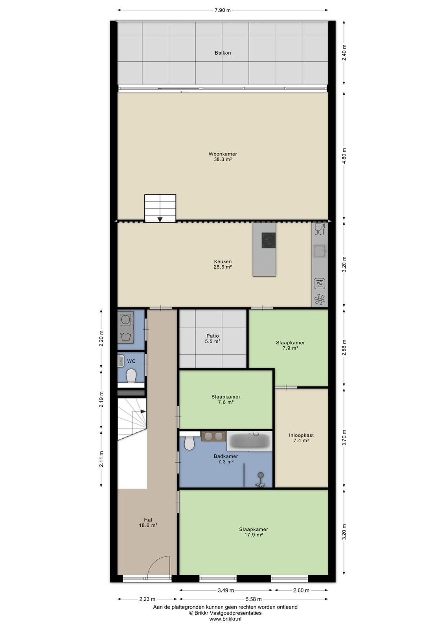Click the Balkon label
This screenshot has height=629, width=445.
coord(222,53)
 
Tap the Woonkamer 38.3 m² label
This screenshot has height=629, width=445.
coord(222,157)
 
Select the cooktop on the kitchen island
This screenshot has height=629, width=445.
coord(268,240)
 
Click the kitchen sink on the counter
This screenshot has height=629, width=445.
coord(320,251)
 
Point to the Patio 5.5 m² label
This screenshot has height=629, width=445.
coord(213,338)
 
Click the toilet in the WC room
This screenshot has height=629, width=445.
coord(131,375)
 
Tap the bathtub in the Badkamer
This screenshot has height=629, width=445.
coord(249,441)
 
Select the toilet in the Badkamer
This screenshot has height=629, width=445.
coord(189,441)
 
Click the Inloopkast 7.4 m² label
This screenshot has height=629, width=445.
coord(301,438)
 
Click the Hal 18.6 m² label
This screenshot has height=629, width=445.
coord(148,522)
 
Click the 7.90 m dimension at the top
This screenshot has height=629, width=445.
coord(222,10)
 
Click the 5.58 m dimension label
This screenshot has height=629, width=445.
coord(254,599)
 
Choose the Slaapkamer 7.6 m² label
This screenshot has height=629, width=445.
coord(226,399)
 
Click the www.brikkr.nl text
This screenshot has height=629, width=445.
coord(225,619)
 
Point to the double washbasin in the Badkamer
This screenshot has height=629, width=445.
coord(214,436)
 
